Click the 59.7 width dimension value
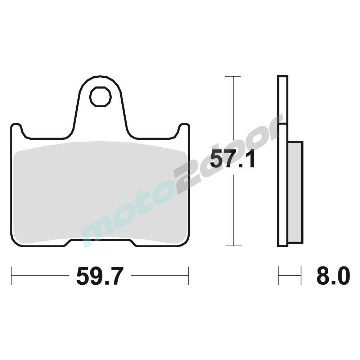click(100, 276)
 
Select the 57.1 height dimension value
click(232, 159)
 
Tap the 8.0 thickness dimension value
click(333, 276)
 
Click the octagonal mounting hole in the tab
click(100, 96)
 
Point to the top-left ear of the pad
click(17, 129)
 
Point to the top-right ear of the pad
click(184, 129)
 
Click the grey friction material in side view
click(295, 192)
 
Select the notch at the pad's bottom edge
click(100, 242)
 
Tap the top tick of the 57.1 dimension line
click(233, 76)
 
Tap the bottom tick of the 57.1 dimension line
click(234, 246)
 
